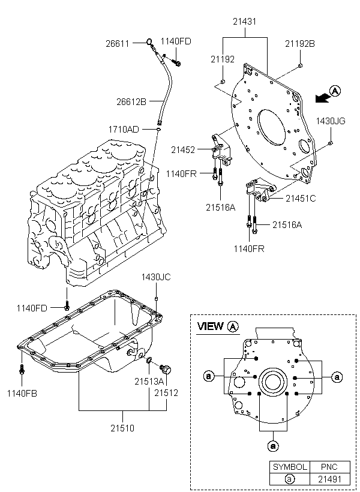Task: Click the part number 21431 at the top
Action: coord(244,22)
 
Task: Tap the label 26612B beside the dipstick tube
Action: coord(131,102)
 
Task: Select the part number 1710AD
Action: coord(124,129)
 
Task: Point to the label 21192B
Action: coord(300,44)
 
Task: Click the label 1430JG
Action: coord(331,121)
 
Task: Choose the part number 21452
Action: coord(183,150)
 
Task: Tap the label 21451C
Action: coord(301,199)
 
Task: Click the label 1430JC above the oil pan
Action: coord(156,277)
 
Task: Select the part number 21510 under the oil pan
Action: coord(122,428)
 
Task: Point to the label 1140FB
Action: coord(22,394)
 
